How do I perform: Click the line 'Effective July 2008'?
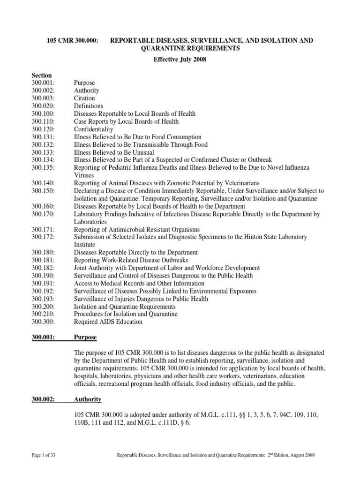(180, 60)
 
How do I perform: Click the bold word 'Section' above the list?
(42, 75)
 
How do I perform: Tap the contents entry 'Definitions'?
(89, 106)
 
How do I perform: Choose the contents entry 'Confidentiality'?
(94, 129)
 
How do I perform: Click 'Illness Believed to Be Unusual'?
(114, 152)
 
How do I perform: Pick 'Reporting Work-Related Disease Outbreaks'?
(131, 260)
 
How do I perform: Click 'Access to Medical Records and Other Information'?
(139, 284)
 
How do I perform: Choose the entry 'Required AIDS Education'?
(108, 322)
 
